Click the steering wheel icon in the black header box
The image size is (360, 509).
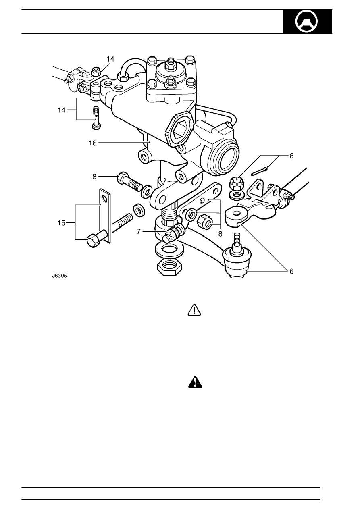[x=306, y=21]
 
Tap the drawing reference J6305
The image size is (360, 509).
[x=59, y=276]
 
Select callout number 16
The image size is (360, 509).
[x=92, y=143]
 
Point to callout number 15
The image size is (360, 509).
[x=61, y=223]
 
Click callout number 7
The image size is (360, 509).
[x=139, y=231]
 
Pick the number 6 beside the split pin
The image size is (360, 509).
[x=291, y=156]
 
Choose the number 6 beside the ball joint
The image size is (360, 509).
[x=291, y=271]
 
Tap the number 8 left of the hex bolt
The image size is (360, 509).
[x=94, y=177]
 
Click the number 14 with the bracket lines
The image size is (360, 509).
[x=61, y=110]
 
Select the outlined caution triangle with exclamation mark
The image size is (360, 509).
[x=194, y=310]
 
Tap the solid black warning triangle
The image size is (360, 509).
[x=195, y=382]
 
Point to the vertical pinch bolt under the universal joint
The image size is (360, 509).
[x=96, y=118]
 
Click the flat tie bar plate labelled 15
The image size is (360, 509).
[x=105, y=216]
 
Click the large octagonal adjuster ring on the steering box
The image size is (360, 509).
[x=179, y=129]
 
